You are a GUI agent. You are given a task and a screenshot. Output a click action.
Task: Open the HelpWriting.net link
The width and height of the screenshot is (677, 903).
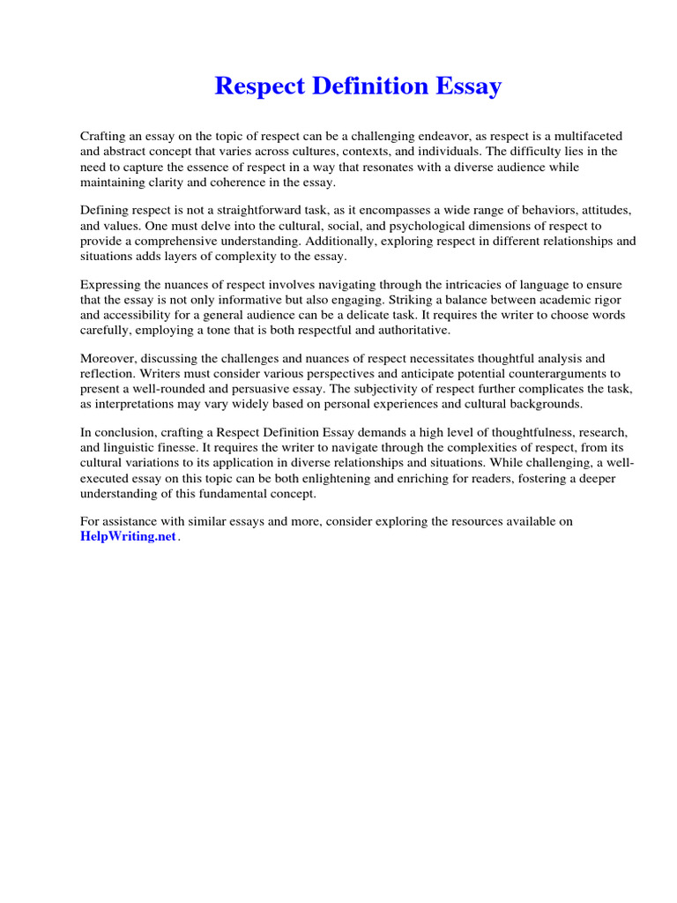[x=128, y=537]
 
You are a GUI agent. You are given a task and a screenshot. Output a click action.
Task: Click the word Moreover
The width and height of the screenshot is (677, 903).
[x=109, y=358]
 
